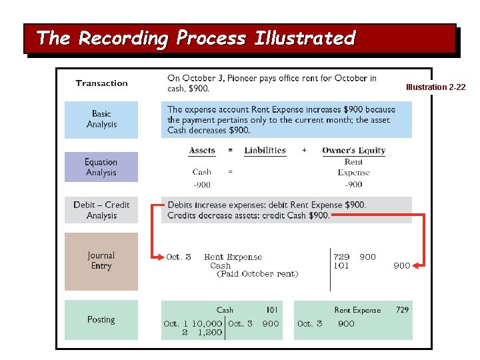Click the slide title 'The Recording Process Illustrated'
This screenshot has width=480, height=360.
(196, 38)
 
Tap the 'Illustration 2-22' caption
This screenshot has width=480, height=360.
(436, 87)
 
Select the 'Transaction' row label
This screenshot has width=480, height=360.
(101, 83)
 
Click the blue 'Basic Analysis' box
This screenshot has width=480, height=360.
(101, 119)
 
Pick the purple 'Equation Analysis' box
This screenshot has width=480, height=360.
(101, 167)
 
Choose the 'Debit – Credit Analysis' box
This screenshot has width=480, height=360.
(101, 210)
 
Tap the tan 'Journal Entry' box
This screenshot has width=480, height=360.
(101, 261)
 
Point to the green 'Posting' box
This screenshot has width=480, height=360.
(101, 320)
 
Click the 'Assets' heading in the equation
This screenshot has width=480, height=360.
(202, 151)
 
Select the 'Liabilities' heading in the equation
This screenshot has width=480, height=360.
(265, 151)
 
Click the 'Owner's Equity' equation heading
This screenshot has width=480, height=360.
(353, 151)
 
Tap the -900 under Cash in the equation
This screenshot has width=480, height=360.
(202, 185)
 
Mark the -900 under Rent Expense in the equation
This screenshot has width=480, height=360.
(353, 185)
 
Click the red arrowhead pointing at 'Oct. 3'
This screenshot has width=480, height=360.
(160, 257)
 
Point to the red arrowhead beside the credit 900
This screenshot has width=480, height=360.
(417, 265)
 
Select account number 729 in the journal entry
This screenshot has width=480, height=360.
(341, 257)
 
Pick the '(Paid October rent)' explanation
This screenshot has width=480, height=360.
(257, 274)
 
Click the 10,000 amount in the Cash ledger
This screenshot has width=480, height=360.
(207, 324)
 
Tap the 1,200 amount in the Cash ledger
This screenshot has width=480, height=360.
(209, 333)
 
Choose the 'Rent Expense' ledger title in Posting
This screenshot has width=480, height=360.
(357, 310)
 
